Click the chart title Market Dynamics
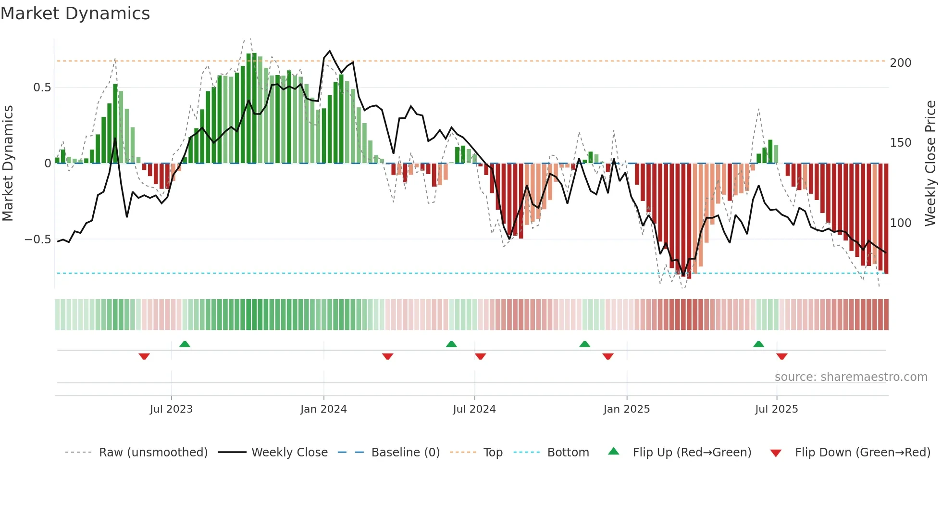click(75, 13)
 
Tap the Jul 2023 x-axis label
click(171, 409)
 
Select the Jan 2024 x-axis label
click(323, 409)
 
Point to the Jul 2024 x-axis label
click(474, 409)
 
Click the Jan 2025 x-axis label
click(627, 409)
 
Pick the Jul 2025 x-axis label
click(777, 409)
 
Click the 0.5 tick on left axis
click(42, 88)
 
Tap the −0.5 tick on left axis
click(38, 240)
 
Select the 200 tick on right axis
click(901, 63)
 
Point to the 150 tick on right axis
click(901, 143)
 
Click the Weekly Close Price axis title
click(931, 164)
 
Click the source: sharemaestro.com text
click(851, 377)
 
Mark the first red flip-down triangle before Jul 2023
click(144, 356)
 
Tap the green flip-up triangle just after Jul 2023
click(185, 344)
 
